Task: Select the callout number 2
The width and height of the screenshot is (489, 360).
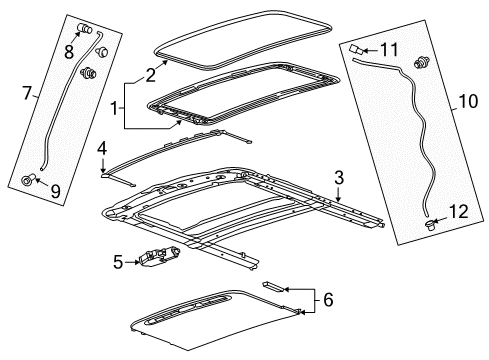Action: [x=151, y=73]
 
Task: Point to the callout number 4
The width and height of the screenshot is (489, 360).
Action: [x=101, y=149]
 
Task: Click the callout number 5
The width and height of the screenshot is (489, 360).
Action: [x=119, y=263]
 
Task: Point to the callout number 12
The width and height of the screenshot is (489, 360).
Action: [x=459, y=211]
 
